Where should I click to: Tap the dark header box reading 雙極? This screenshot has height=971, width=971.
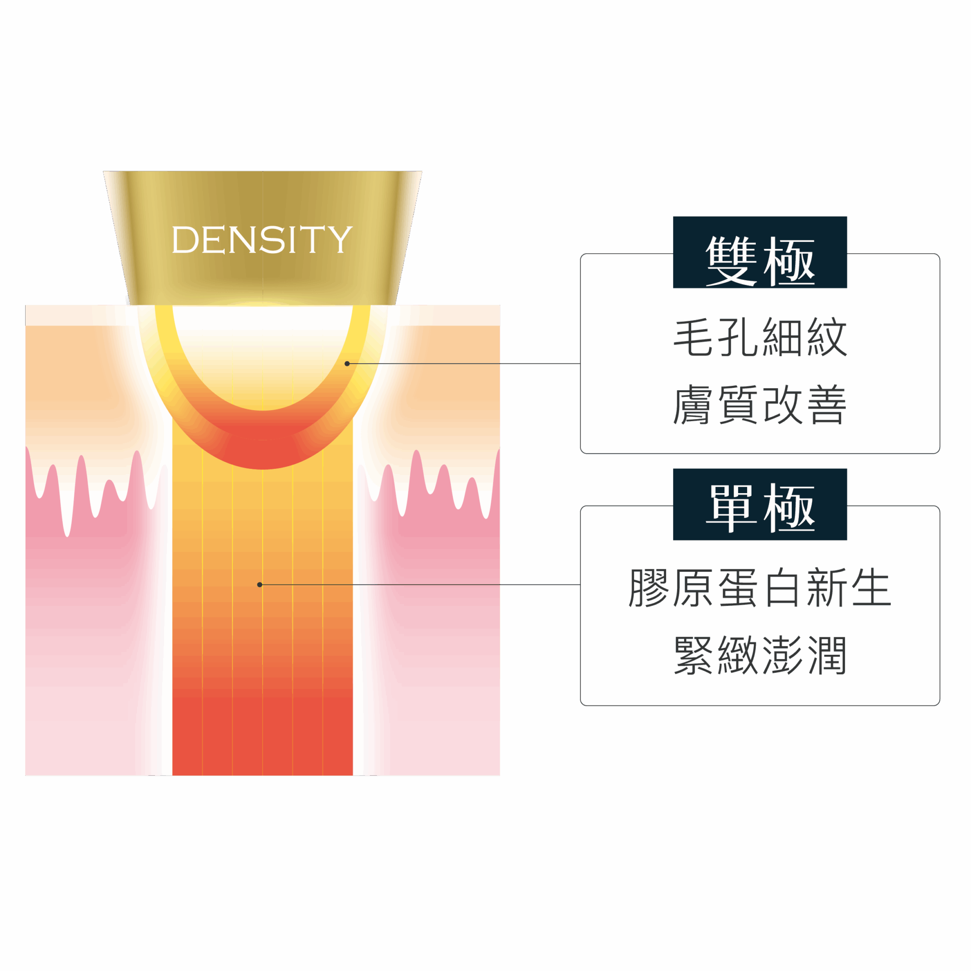pos(760,252)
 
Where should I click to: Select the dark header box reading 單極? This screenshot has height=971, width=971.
pos(760,504)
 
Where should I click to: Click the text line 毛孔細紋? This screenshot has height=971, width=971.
pos(760,337)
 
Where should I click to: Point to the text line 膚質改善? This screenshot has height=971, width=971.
pos(760,405)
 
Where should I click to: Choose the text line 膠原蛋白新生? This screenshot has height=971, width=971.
pos(760,587)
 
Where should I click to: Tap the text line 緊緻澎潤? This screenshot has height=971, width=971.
pos(760,655)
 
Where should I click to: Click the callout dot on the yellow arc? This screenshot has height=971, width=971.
pos(347,363)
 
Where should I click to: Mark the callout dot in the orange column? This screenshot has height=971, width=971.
pos(259,585)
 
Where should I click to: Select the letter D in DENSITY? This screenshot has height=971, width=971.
pos(185,240)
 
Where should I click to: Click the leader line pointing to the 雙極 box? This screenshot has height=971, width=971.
pos(462,363)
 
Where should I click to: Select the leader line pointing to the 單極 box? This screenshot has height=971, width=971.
pos(422,585)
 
